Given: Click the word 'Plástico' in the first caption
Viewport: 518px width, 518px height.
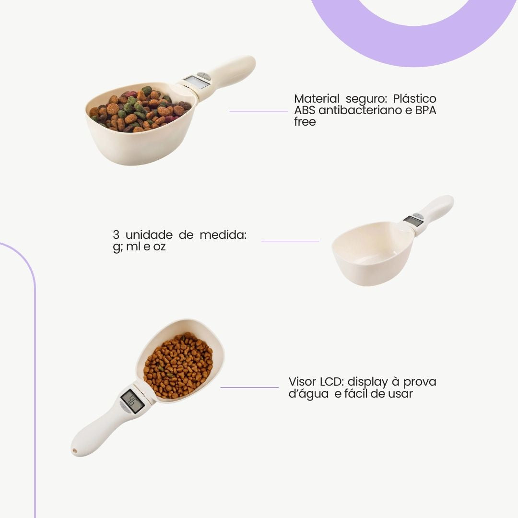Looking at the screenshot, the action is tap(414, 98).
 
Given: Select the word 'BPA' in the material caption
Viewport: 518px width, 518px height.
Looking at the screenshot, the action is tap(426, 110).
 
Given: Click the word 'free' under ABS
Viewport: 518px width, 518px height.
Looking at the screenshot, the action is tap(305, 121).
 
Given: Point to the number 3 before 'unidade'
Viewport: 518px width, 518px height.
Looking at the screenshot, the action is tap(116, 235).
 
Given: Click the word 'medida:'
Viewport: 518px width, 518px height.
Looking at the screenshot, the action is tap(223, 235).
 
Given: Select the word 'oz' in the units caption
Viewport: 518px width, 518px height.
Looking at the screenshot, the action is tap(159, 247).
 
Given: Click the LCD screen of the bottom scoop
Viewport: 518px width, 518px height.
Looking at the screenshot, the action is tap(132, 400).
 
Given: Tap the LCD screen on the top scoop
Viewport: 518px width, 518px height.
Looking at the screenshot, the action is tap(196, 82).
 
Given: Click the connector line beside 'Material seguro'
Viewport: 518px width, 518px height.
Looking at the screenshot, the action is tap(259, 111).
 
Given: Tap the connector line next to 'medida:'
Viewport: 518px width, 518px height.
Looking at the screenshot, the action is tap(290, 241).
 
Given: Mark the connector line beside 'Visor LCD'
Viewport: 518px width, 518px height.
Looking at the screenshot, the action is tap(249, 388).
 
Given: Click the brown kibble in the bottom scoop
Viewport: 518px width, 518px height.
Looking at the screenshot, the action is tap(178, 365).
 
